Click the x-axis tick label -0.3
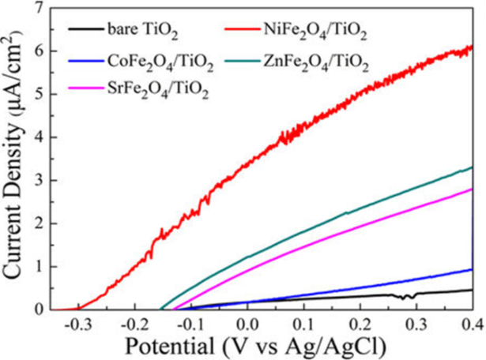(77, 323)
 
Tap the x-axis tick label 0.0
(247, 323)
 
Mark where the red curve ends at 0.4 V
(472, 47)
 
